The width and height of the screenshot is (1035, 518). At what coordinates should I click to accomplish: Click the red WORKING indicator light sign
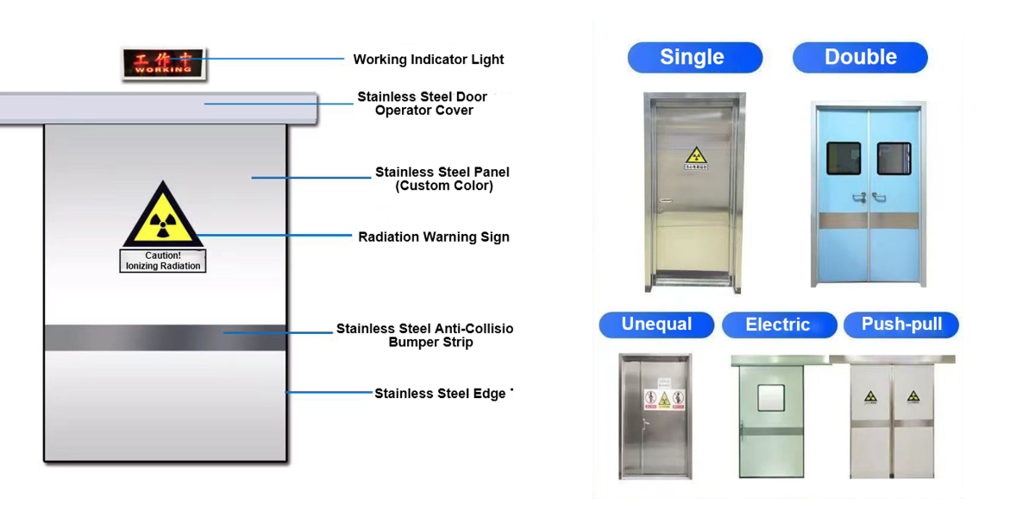coord(163,63)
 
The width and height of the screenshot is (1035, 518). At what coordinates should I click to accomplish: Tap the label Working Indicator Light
coord(428,60)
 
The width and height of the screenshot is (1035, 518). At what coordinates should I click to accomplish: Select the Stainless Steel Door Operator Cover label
coord(423,104)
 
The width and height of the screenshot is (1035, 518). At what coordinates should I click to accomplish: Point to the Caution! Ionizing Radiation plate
coord(162,261)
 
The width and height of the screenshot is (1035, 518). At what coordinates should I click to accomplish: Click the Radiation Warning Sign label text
coord(433,237)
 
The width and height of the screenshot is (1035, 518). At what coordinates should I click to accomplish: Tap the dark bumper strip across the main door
coord(165,337)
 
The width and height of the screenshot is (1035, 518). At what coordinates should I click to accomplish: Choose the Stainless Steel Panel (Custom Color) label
coord(442,179)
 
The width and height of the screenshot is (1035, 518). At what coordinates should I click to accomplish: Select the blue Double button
coord(860,58)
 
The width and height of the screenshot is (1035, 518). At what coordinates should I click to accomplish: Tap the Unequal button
coord(656,325)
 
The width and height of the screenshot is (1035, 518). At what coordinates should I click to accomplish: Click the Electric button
coord(778,325)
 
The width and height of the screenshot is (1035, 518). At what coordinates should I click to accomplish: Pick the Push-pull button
coord(901,325)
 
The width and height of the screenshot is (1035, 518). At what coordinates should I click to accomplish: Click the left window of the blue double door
coord(844,158)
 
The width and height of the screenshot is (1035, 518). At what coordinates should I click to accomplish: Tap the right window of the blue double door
coord(894,158)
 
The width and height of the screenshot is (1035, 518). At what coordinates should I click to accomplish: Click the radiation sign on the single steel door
coord(695,158)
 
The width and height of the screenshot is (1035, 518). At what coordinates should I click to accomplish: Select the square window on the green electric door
coord(769,397)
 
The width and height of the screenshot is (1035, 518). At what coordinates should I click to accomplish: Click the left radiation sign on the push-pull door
coord(871,397)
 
